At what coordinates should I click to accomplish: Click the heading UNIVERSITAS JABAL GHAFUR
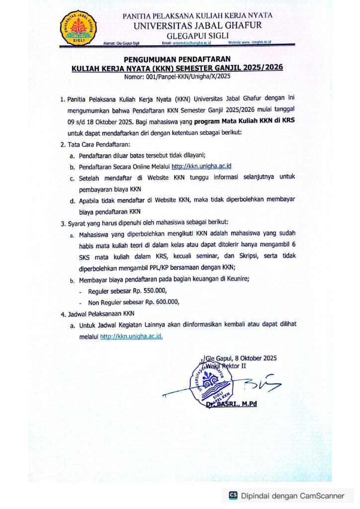click(x=198, y=25)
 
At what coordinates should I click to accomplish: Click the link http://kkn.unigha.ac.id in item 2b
click(x=201, y=166)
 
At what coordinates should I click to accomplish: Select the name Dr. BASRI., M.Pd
click(x=231, y=404)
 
